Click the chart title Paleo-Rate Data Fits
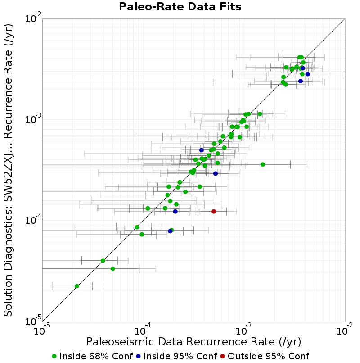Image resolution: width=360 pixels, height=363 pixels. click(180, 6)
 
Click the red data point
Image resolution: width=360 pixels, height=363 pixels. click(214, 211)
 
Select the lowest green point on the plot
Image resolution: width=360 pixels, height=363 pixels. click(77, 286)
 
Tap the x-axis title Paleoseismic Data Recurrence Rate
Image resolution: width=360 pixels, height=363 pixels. click(193, 342)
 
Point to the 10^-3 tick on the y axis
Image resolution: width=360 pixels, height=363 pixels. click(43, 120)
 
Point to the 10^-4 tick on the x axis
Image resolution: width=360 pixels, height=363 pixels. click(144, 322)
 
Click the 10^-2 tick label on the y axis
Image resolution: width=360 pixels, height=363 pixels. click(33, 18)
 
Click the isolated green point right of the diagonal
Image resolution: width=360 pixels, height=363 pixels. click(263, 164)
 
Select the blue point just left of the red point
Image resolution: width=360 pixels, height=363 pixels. click(175, 211)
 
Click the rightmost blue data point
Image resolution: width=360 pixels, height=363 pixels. click(307, 74)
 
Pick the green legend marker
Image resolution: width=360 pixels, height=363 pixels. click(54, 356)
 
